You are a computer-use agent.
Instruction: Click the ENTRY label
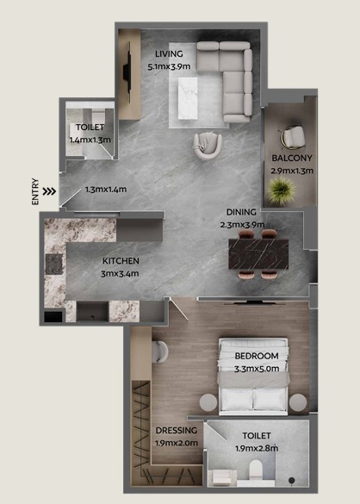coord(35,191)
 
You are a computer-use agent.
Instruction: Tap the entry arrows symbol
coord(49,191)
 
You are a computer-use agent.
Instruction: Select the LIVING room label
coord(169,53)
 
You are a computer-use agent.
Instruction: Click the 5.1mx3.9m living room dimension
coord(169,66)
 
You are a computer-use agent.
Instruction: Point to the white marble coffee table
coord(188,98)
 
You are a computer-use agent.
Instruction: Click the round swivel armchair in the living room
coord(208,146)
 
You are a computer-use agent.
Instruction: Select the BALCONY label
coord(292,158)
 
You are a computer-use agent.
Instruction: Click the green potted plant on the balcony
coord(282,190)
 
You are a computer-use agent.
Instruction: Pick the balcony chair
coord(293,137)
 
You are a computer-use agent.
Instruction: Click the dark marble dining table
coord(258,254)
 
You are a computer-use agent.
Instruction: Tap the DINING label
coord(241,212)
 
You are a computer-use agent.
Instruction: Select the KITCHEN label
coord(121,261)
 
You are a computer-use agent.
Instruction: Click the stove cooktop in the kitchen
coord(54,264)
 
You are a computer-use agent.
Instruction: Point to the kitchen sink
coord(92,312)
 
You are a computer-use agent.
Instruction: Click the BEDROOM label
coord(257,356)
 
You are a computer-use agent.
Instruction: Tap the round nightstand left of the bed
coord(208,402)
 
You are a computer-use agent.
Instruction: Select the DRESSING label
coord(177,430)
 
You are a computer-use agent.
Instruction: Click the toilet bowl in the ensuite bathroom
coord(256,470)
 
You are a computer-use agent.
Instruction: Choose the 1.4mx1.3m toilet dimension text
coord(90,140)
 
